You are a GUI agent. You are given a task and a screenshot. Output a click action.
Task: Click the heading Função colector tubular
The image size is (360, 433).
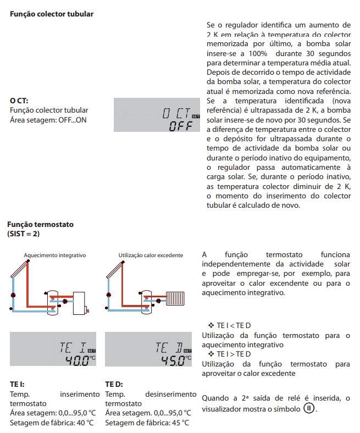tap(52, 14)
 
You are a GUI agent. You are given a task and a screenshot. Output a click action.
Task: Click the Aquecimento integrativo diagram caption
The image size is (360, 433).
tap(55, 255)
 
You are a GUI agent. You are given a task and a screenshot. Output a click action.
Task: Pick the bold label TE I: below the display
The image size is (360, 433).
tap(17, 385)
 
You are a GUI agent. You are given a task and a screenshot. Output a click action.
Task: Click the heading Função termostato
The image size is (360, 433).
tap(40, 225)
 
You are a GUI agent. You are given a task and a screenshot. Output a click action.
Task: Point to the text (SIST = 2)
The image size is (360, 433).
tap(24, 234)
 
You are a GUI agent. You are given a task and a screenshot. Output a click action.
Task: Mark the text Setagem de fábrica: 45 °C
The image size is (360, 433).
tap(147, 423)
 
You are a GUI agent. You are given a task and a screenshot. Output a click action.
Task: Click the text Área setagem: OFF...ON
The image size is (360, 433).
tap(48, 120)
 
